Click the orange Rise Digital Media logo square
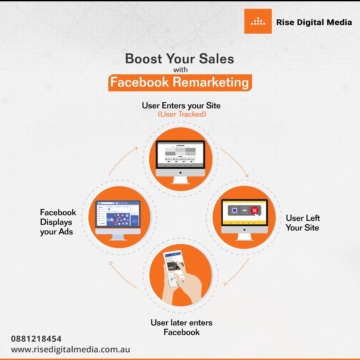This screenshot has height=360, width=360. tap(258, 21)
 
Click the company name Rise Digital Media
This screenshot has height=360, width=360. tap(314, 22)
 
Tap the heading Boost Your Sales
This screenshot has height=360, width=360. tap(180, 59)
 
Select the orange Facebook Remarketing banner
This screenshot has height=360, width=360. tap(180, 82)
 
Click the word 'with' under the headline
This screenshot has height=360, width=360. tap(180, 70)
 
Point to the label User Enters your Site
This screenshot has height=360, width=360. tap(181, 106)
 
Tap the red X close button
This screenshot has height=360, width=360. tap(254, 210)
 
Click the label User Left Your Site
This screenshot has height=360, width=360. tap(303, 223)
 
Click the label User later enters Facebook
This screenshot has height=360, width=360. tap(181, 327)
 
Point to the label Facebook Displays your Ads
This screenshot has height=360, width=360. tap(58, 222)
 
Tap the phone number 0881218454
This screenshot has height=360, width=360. tap(36, 339)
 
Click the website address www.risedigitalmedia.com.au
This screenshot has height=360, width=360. tap(70, 350)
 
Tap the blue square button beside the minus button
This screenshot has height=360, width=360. tap(234, 210)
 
